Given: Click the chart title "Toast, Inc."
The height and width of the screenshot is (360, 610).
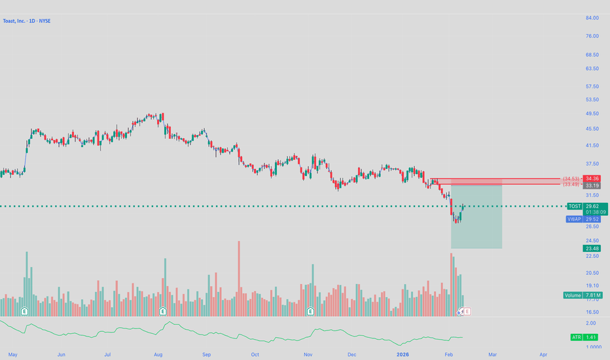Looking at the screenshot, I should click(16, 21).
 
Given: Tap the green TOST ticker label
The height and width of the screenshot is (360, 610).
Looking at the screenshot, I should click(574, 206).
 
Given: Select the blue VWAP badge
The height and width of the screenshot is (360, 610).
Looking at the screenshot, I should click(573, 219).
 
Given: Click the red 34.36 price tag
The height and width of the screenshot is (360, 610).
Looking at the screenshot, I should click(592, 178).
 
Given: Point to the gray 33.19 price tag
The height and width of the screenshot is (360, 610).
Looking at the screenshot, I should click(592, 185).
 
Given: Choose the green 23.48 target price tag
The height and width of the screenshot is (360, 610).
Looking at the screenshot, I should click(592, 248).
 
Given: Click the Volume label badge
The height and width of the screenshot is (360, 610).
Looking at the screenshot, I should click(573, 295).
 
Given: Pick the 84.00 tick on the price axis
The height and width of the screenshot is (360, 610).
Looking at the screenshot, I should click(592, 18).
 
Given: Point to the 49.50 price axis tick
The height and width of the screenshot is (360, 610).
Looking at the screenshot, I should click(592, 114).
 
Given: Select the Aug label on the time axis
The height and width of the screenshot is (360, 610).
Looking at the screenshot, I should click(158, 354).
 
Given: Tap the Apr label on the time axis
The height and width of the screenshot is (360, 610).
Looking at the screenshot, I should click(543, 354).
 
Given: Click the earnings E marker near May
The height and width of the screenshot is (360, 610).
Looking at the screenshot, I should click(24, 312).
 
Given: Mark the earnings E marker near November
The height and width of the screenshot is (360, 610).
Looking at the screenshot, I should click(311, 312).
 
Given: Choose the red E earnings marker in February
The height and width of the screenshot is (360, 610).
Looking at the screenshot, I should click(467, 312).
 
